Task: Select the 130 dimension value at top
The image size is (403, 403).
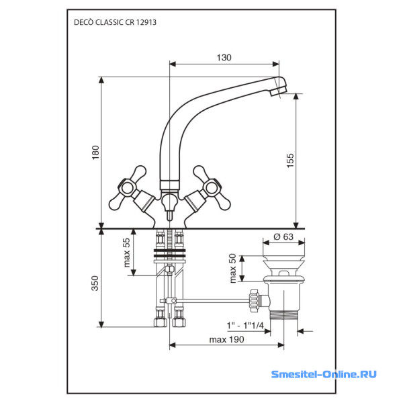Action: (224, 58)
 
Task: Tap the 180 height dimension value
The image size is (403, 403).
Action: (95, 154)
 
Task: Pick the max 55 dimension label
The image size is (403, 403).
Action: (126, 252)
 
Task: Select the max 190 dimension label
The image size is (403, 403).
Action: (226, 339)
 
